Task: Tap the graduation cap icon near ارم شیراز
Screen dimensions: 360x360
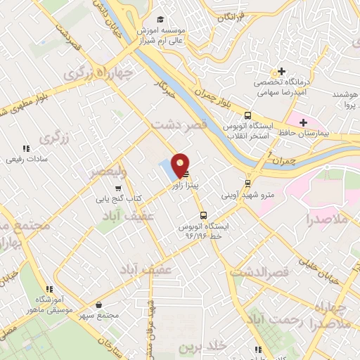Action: point(160,20)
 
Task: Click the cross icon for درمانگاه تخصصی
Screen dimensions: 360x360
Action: point(281,71)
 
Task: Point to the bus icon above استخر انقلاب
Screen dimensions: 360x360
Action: point(247,116)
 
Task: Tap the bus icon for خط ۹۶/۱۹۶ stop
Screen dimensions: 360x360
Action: point(203,216)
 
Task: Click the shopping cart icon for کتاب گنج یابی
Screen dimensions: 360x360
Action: point(117,188)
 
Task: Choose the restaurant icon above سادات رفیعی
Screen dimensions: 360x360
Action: point(26,148)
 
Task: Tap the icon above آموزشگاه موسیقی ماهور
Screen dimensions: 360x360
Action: point(49,288)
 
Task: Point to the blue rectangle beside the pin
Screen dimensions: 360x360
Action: point(167,169)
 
